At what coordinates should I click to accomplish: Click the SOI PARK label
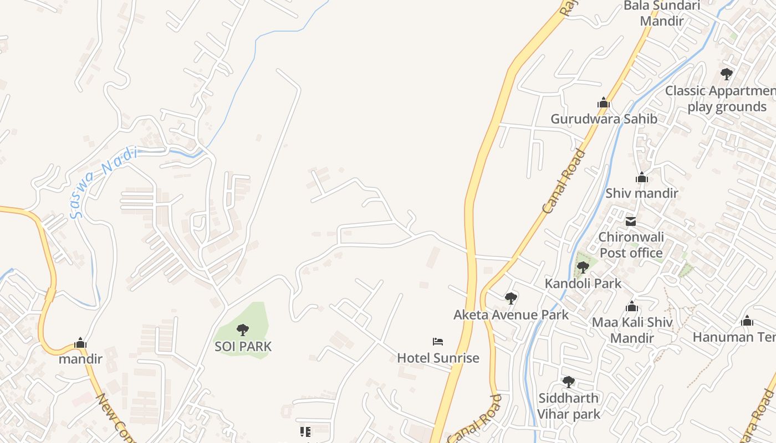point(243,347)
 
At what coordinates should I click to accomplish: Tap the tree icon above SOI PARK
point(242,330)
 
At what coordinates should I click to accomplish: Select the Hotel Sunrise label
point(438,358)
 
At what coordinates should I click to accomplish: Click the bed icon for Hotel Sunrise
point(438,342)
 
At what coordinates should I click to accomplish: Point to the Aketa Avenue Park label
point(511,315)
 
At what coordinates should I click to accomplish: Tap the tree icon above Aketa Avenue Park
point(511,298)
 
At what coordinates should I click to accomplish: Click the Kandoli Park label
point(583,284)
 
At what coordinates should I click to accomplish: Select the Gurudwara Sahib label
point(604,119)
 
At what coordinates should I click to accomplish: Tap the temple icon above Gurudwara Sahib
point(604,102)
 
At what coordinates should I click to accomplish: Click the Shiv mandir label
point(641,193)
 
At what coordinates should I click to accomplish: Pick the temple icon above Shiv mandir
point(642,178)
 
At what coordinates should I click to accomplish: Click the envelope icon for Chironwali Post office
point(631,222)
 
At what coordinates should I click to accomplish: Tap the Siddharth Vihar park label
point(569,406)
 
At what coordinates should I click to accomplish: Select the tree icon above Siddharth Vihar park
point(569,382)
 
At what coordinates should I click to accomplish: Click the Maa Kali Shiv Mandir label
point(632,330)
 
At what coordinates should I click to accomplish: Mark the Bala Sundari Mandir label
point(662,13)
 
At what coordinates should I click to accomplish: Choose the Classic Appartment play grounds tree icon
point(726,74)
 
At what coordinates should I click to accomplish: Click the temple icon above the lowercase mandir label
point(81,343)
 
